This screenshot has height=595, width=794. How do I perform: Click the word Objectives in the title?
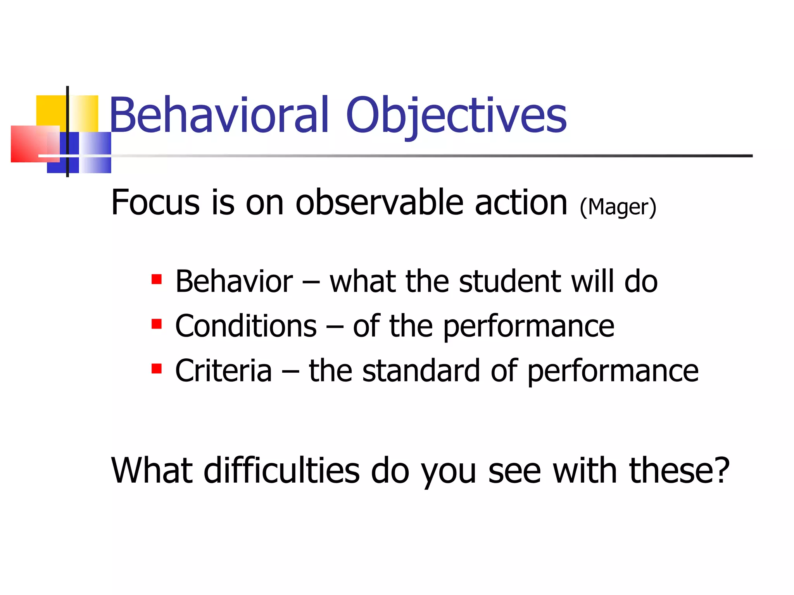pyautogui.click(x=456, y=116)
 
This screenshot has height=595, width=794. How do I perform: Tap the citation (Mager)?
pyautogui.click(x=618, y=207)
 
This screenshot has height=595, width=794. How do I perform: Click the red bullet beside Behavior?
pyautogui.click(x=156, y=279)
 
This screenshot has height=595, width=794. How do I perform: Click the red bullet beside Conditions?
pyautogui.click(x=156, y=324)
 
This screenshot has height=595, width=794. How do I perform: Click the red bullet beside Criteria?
pyautogui.click(x=156, y=368)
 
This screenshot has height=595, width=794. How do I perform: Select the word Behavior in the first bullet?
pyautogui.click(x=234, y=281)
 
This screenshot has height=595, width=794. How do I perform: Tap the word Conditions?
pyautogui.click(x=246, y=326)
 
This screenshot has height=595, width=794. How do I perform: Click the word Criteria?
pyautogui.click(x=223, y=371)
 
